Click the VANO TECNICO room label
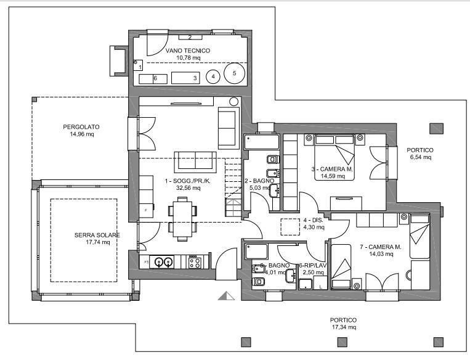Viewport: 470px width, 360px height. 188,51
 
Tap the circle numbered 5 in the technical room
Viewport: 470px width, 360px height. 235,73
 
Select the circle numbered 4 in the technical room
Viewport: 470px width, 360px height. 213,76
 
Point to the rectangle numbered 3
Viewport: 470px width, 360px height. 185,78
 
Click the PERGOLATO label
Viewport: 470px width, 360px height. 81,127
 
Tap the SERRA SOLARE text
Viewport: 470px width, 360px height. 97,235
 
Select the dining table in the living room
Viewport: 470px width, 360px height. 182,219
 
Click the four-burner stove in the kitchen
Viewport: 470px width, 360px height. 194,262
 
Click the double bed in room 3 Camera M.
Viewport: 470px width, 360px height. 334,157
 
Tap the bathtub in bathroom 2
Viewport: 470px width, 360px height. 262,142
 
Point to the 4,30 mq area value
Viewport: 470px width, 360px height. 314,227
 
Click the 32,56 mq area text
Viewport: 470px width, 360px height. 188,188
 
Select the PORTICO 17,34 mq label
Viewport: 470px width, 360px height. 344,324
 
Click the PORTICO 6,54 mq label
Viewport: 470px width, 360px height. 420,153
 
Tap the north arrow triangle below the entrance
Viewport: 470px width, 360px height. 226,295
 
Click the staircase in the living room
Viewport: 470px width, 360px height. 233,187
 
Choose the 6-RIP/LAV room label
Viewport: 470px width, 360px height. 313,266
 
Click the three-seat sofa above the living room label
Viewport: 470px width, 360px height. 195,162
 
